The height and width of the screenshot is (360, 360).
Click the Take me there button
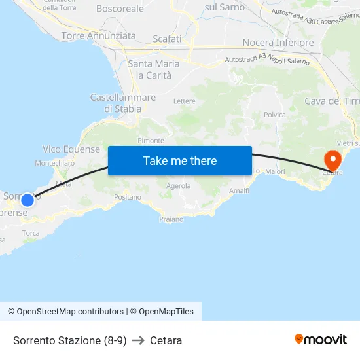point(180,160)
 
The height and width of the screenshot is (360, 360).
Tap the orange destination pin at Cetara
point(333,159)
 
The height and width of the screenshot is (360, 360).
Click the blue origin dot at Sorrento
point(27,200)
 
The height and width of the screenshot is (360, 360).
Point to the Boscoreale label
point(120,9)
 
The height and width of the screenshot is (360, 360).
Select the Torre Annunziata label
point(99,36)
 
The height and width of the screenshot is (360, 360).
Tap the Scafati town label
point(167,39)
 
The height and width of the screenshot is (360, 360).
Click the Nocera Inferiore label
point(278,43)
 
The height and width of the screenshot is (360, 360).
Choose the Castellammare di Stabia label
point(123,103)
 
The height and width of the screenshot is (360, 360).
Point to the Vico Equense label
point(71,149)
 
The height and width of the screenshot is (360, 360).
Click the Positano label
point(128,196)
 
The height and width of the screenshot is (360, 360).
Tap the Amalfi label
point(239,190)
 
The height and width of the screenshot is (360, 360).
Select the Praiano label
point(171,219)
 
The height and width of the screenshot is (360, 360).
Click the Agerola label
point(179,186)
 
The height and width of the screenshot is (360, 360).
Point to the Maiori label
point(276,171)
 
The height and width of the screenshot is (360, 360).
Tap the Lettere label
point(185,101)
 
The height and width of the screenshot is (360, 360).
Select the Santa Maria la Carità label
point(154,69)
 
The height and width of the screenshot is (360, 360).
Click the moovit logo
point(321,339)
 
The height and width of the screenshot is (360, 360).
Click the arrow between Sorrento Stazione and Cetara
point(138,340)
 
